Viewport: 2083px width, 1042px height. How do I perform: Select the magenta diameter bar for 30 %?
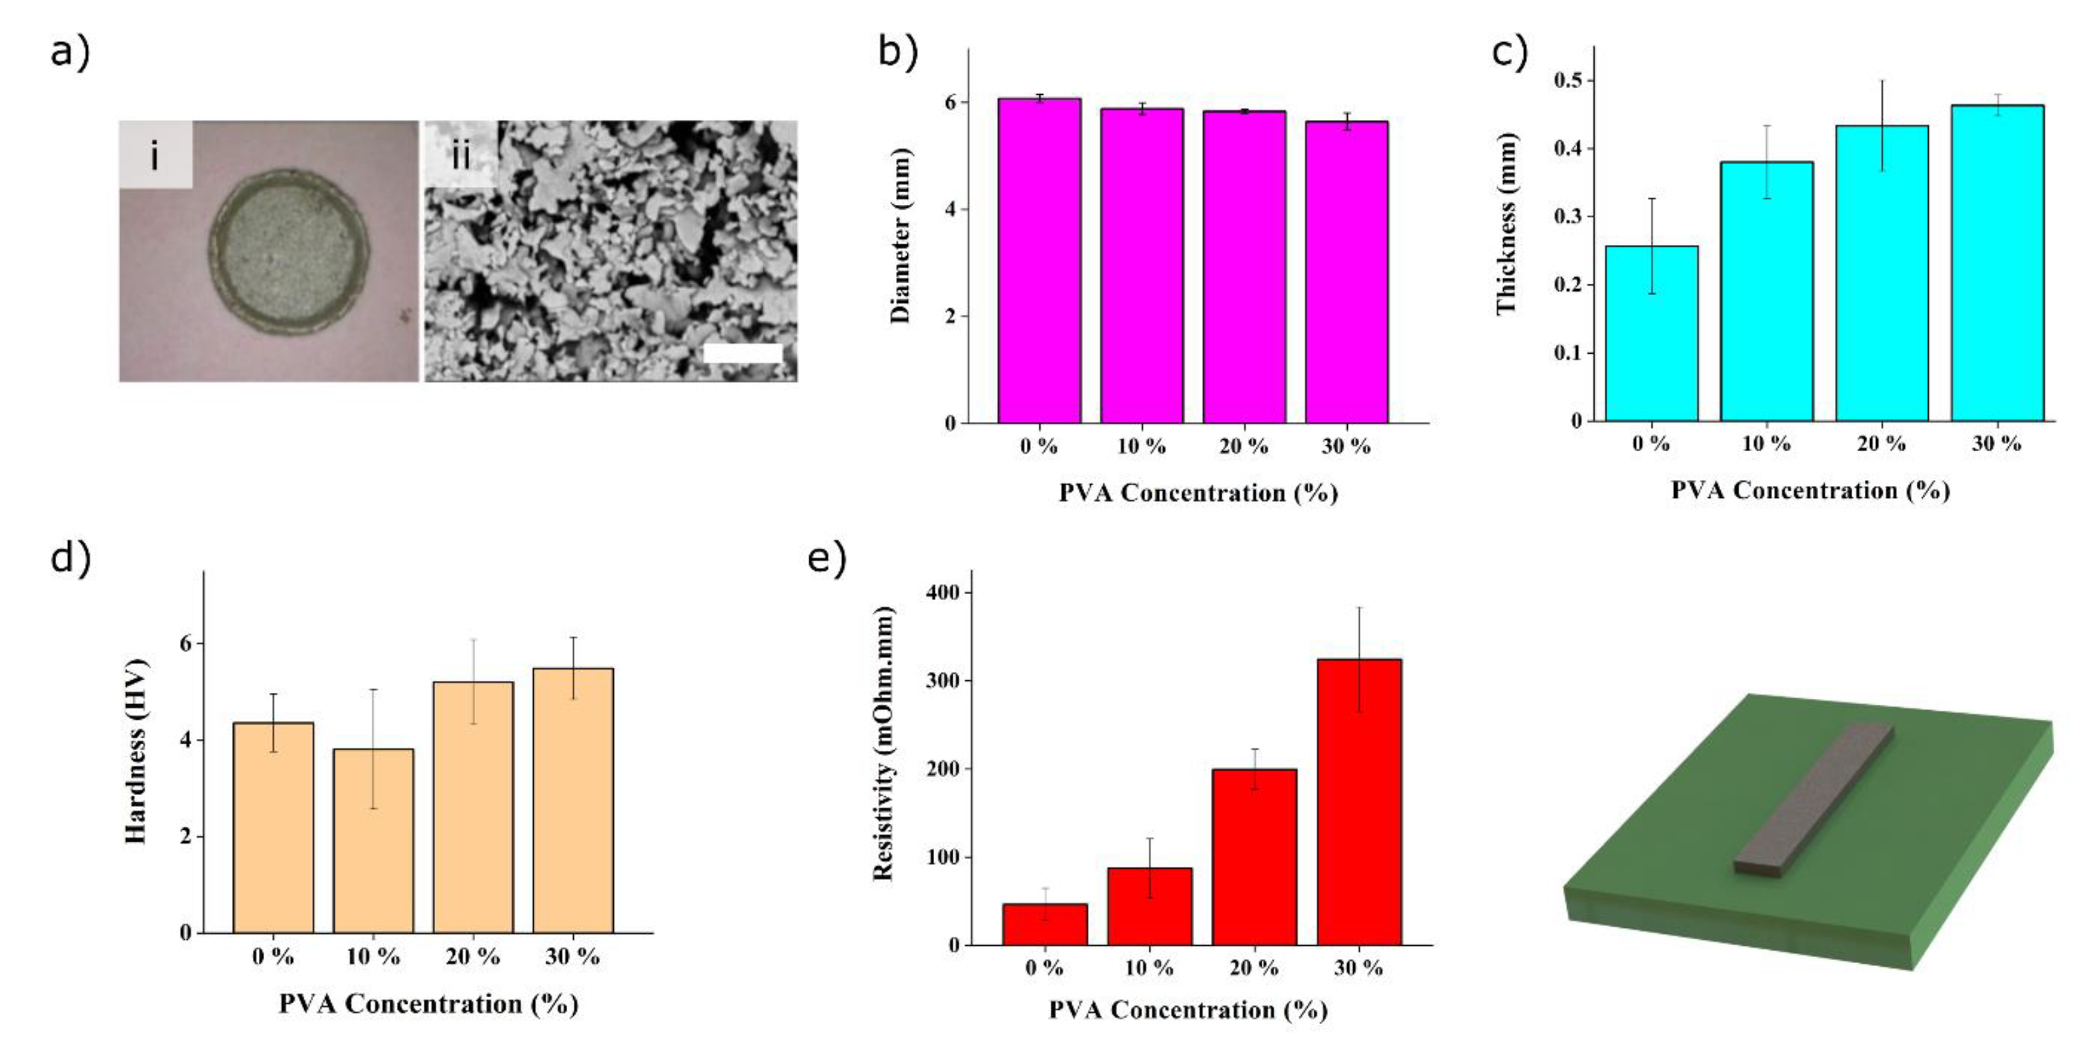(x=1346, y=272)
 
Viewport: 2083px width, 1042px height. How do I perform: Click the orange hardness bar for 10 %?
(x=373, y=841)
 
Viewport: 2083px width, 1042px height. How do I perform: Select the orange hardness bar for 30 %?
(x=572, y=801)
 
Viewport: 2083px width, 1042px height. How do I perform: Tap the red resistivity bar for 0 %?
(x=1045, y=925)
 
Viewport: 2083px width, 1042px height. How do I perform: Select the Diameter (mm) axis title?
(x=900, y=236)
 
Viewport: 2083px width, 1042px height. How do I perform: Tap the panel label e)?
(x=827, y=559)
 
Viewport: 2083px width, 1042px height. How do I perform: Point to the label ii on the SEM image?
(x=460, y=156)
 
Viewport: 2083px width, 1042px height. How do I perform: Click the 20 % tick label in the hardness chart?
(x=472, y=957)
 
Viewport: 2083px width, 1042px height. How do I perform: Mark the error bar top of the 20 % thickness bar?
(x=1882, y=81)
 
